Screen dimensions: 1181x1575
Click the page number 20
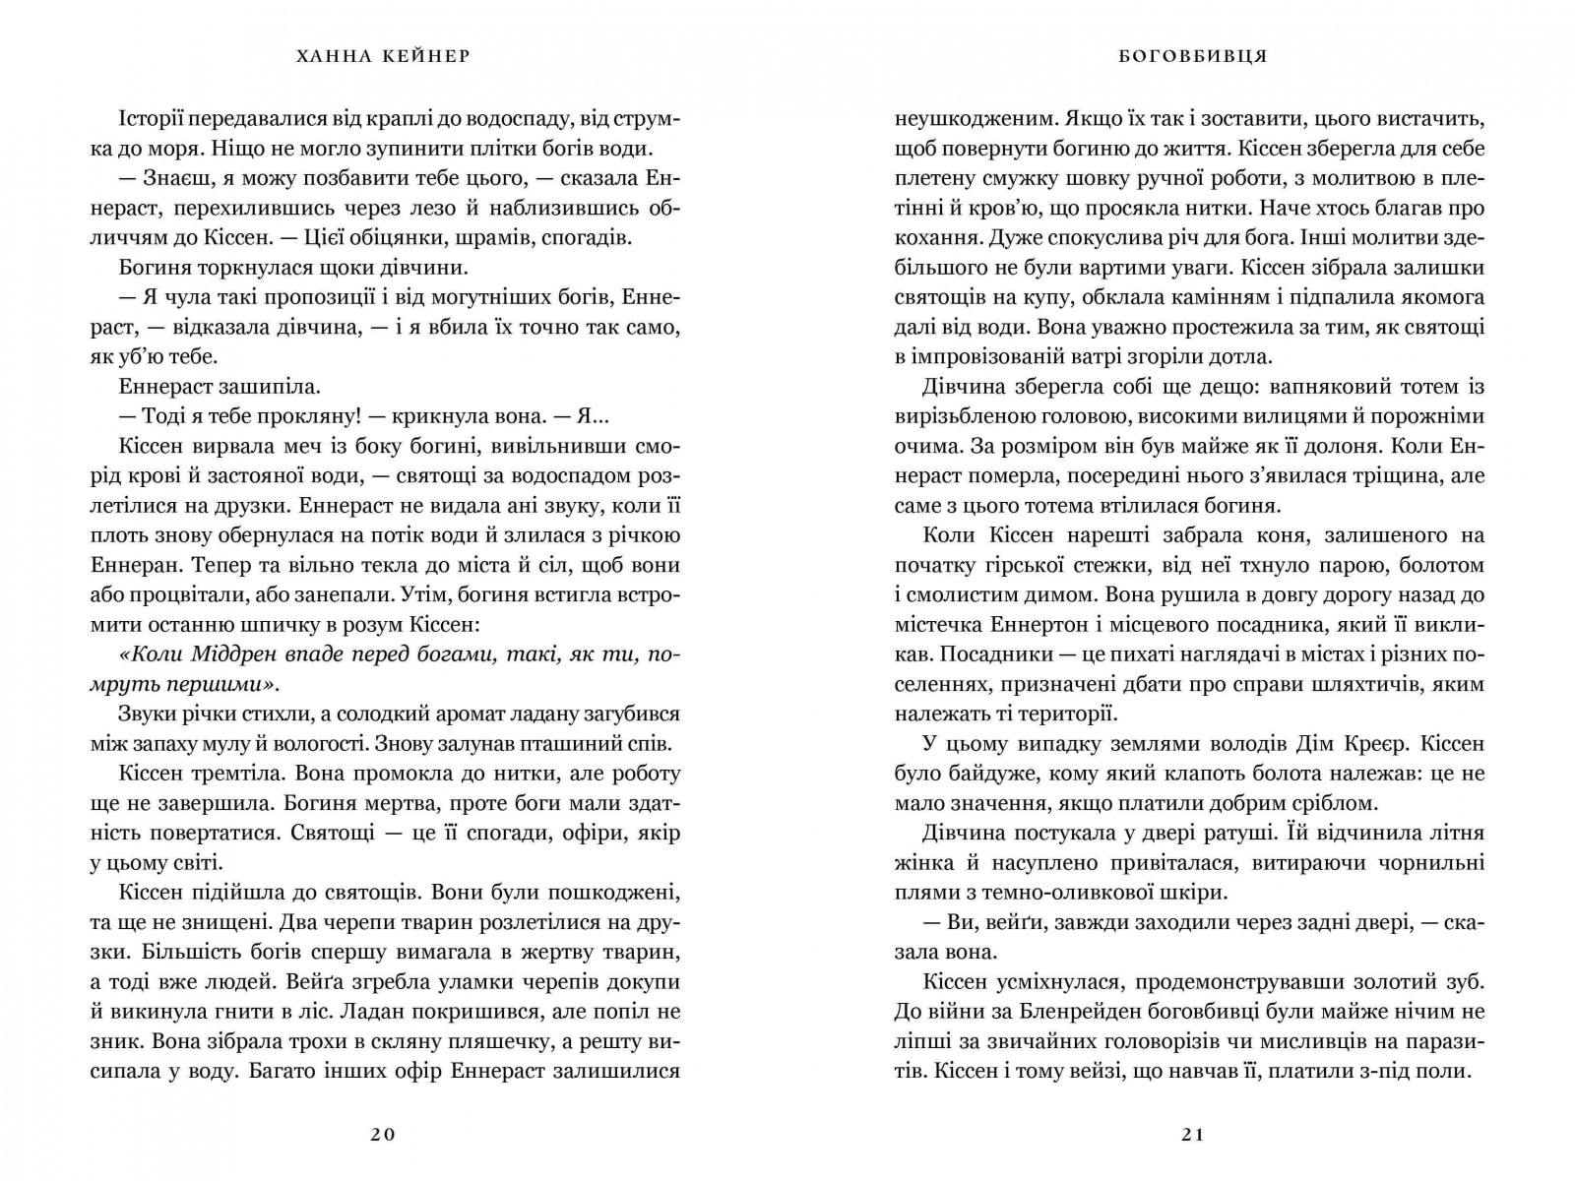click(x=383, y=1134)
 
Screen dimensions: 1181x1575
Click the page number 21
click(x=1192, y=1134)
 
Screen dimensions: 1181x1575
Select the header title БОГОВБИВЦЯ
click(x=1192, y=56)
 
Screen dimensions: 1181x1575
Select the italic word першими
click(x=213, y=684)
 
